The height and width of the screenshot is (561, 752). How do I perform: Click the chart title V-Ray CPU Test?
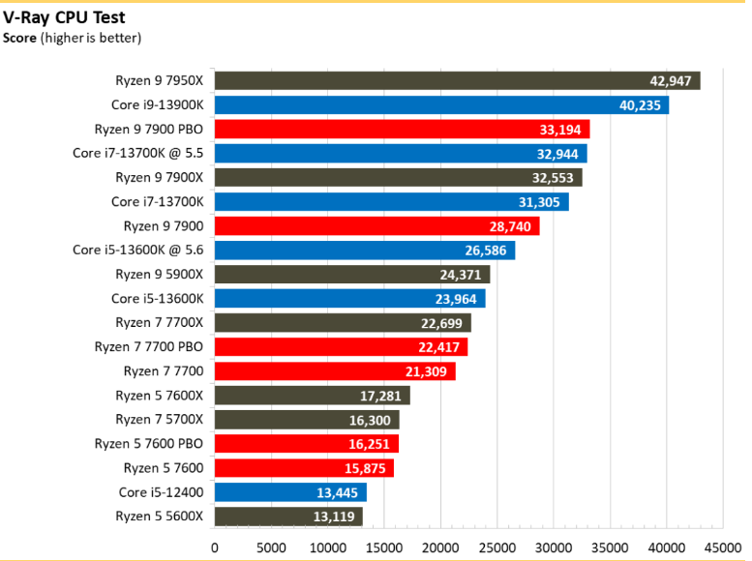point(64,17)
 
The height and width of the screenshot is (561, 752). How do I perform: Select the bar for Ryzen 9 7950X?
point(458,80)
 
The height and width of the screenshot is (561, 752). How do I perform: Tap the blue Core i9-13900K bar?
point(441,105)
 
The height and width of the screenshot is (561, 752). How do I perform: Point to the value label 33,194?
point(560,130)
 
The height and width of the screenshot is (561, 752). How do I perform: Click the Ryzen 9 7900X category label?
point(160,177)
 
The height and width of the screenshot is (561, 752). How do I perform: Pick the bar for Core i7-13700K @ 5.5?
point(401,154)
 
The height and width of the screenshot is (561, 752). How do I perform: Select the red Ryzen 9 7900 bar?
point(376,225)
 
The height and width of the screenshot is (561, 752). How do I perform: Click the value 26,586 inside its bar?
point(485,251)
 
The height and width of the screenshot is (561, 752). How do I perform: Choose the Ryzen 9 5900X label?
point(160,275)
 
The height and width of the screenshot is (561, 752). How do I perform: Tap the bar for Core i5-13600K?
point(350,298)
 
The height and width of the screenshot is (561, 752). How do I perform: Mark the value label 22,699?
point(441,323)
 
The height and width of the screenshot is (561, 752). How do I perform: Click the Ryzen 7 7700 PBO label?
point(149,346)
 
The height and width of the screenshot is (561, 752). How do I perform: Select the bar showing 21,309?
point(335,371)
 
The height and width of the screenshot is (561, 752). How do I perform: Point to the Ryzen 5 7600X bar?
point(313,395)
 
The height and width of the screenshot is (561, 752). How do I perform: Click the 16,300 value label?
point(370,420)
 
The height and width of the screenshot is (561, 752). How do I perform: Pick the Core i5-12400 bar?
point(290,492)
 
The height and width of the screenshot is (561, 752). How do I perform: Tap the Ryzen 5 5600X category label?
point(160,517)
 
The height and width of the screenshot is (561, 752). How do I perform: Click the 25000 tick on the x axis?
point(496,547)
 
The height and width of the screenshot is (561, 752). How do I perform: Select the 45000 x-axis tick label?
point(723,547)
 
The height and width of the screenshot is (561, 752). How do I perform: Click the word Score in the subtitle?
point(19,38)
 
